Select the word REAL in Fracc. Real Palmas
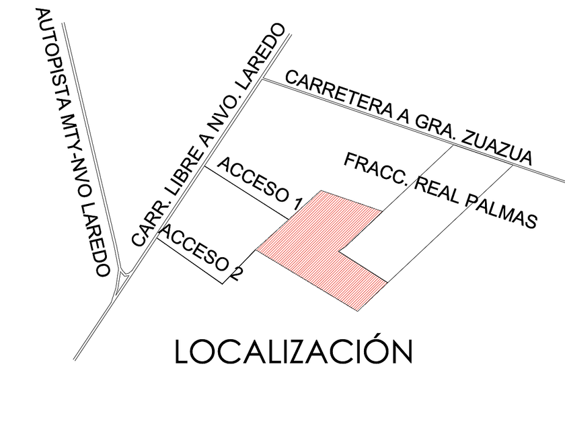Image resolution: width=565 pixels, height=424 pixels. tap(437, 191)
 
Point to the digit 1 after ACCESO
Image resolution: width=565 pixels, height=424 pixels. tap(297, 205)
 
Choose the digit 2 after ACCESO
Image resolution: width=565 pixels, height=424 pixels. tap(238, 273)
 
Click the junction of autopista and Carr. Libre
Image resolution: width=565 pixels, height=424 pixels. tap(124, 275)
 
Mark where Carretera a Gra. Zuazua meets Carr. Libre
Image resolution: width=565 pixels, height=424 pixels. tap(263, 79)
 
